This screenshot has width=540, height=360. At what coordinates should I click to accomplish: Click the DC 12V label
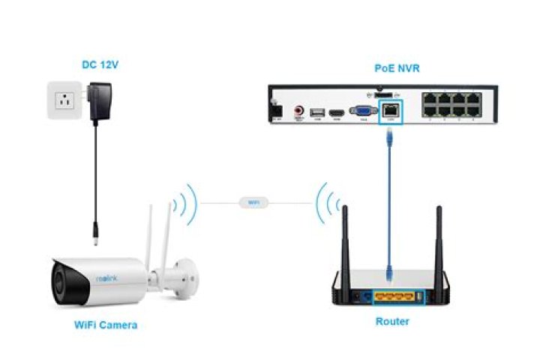coord(100,65)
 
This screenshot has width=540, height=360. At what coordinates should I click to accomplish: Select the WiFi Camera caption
coord(105,325)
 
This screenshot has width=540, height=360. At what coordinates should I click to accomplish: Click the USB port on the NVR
coord(318,113)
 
